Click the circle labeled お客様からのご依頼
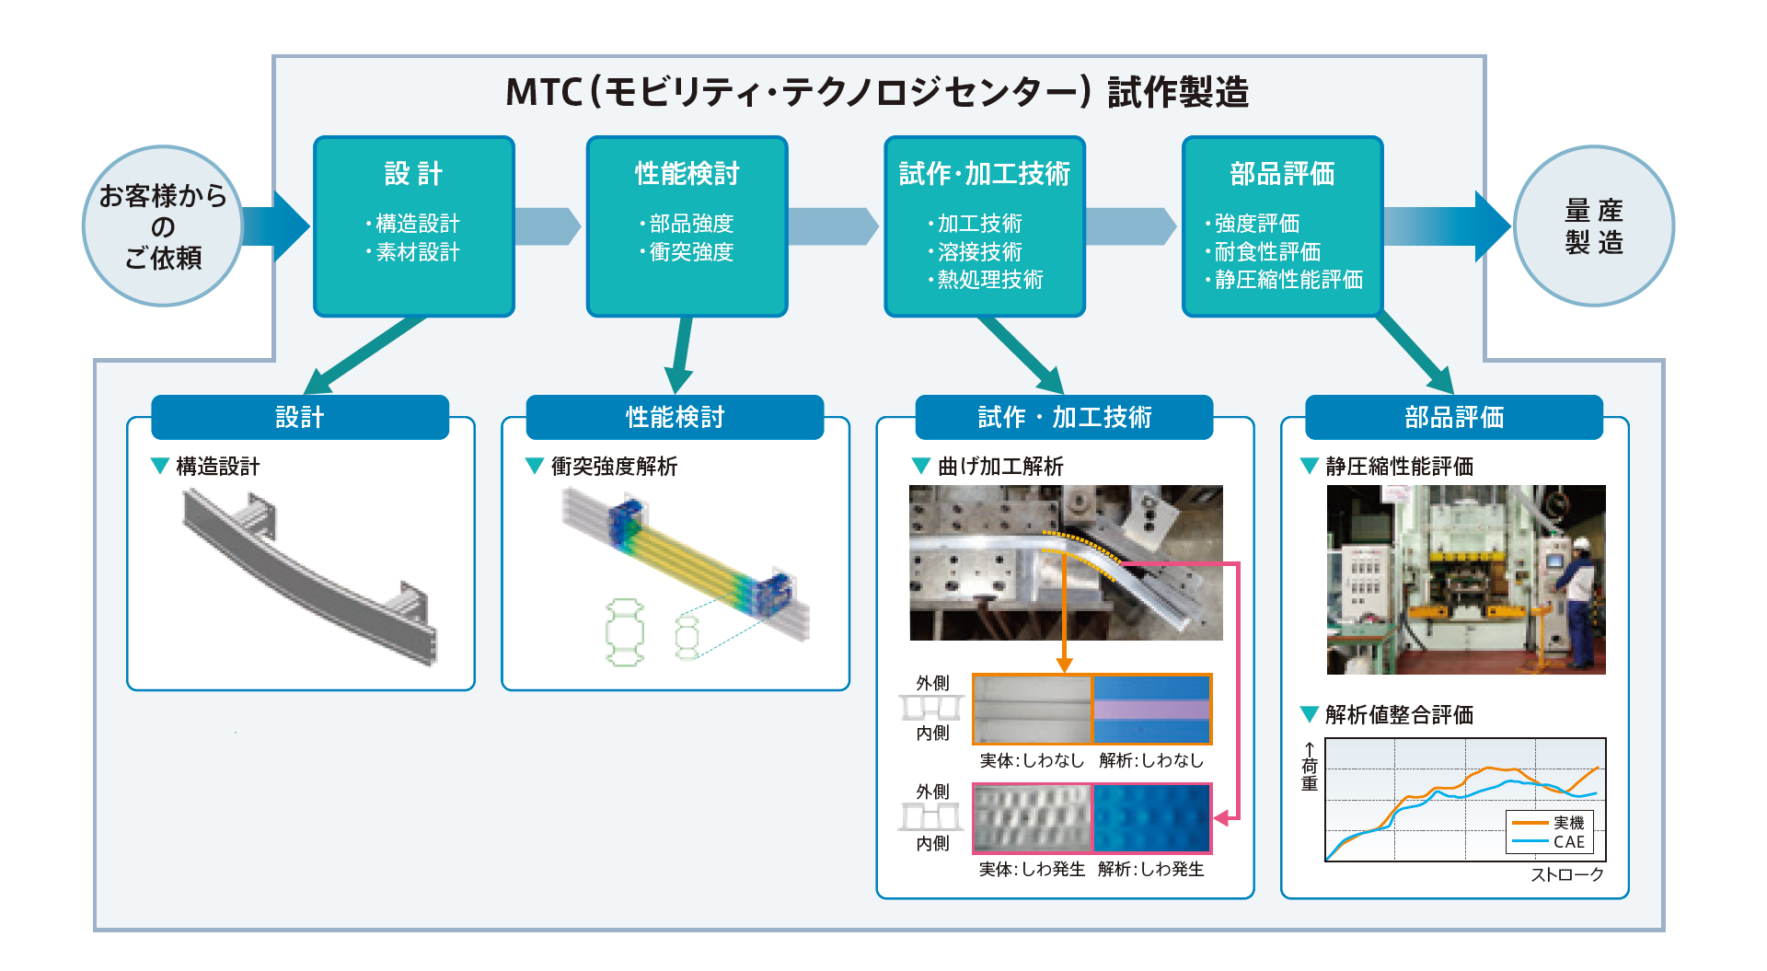(x=163, y=225)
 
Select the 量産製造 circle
(x=1593, y=225)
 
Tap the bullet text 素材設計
(x=417, y=252)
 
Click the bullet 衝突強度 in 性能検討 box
(x=690, y=252)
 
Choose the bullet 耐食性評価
(x=1266, y=252)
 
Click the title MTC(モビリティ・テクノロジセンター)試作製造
(x=876, y=92)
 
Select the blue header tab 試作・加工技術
(x=1064, y=418)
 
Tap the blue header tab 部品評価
(x=1453, y=418)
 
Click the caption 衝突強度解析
(x=614, y=467)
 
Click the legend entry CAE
(x=1568, y=841)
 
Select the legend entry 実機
(x=1568, y=823)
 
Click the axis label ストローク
(x=1566, y=875)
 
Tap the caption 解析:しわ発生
(x=1150, y=869)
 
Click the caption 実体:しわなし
(x=1032, y=760)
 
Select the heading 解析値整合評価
(x=1399, y=715)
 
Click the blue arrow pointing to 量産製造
(x=1449, y=225)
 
